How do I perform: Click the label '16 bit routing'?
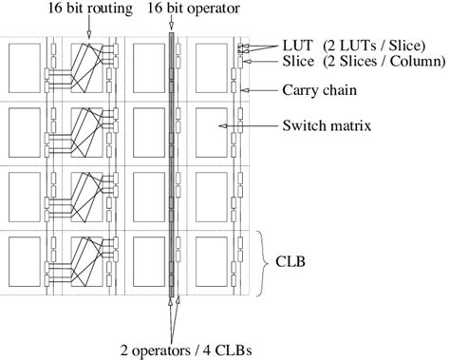[90, 8]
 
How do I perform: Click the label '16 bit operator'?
[194, 8]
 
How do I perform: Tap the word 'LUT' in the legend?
[297, 46]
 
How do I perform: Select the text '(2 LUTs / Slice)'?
[374, 46]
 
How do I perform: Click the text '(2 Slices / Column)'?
[384, 61]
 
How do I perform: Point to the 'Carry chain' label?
[319, 90]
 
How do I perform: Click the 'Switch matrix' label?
[327, 125]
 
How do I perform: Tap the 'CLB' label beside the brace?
[291, 262]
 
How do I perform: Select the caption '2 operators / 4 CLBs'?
[186, 351]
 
